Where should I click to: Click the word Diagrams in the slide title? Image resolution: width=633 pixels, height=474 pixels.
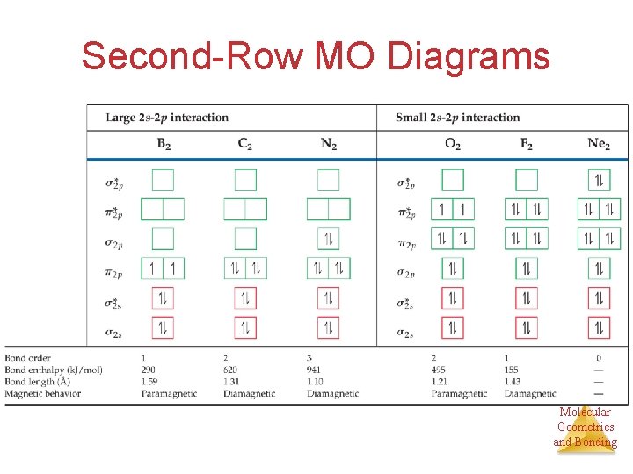click(469, 56)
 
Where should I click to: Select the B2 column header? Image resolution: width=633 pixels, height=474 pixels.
click(164, 144)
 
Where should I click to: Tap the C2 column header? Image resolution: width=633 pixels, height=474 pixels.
click(245, 144)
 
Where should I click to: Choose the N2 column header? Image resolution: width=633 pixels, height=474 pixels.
click(328, 144)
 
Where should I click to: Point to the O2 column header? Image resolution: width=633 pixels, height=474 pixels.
click(452, 144)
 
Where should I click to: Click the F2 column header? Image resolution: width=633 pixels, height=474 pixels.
click(526, 144)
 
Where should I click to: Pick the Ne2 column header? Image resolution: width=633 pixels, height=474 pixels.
click(599, 144)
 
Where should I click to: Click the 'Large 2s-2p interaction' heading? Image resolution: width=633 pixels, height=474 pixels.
click(167, 118)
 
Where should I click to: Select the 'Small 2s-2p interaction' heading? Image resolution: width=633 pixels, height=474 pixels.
click(457, 118)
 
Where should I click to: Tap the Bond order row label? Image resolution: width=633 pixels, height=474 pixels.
click(28, 358)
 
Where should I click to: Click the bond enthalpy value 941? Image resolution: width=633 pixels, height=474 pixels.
click(316, 370)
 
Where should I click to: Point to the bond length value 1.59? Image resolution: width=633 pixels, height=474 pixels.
click(149, 382)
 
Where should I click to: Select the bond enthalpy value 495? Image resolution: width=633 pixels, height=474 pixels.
click(440, 370)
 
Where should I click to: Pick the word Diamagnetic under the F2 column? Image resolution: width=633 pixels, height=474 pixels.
click(530, 394)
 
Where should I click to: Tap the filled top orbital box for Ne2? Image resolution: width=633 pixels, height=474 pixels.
click(599, 180)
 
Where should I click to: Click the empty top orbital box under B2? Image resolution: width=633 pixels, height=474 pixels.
click(163, 180)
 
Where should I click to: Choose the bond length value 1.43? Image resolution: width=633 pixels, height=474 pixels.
click(513, 382)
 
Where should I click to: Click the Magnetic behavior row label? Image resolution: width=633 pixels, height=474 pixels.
click(43, 394)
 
